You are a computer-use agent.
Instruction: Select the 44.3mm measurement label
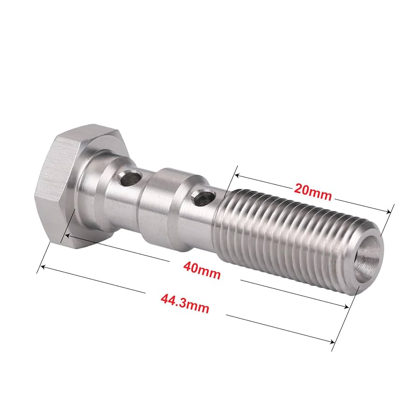coord(185,304)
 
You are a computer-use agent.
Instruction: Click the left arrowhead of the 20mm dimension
coord(237,176)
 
